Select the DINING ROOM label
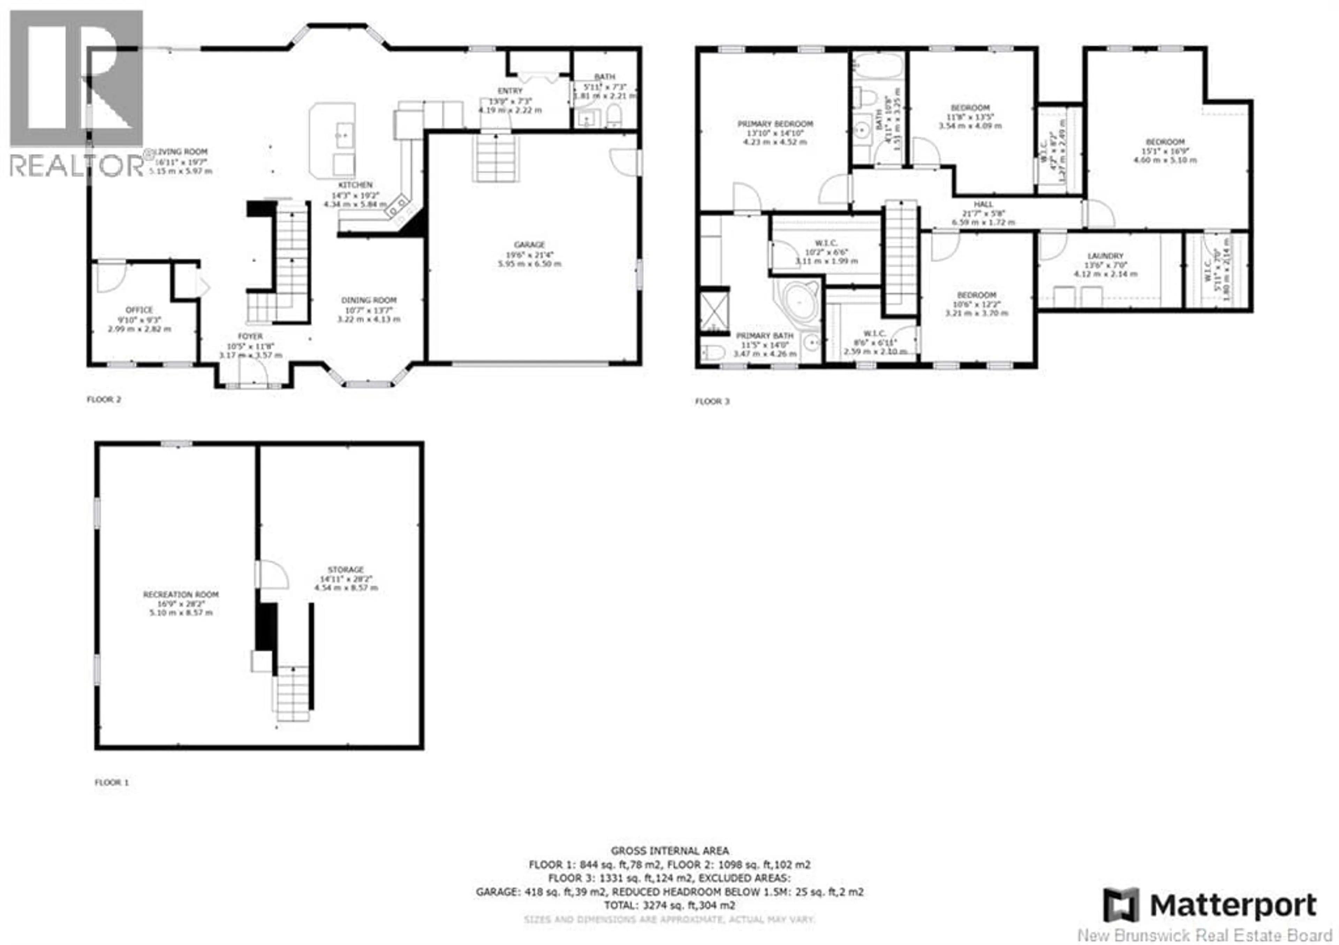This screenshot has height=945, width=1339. point(369,300)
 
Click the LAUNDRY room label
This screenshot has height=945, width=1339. point(1105,256)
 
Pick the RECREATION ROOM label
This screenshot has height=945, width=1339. point(181,595)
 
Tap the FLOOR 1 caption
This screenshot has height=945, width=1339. point(111,782)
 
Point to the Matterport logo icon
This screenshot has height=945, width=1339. point(1120,905)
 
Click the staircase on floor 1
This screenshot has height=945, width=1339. point(292,694)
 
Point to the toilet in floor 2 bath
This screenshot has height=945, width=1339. point(613,116)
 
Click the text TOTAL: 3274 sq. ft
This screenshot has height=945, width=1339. point(669,905)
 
